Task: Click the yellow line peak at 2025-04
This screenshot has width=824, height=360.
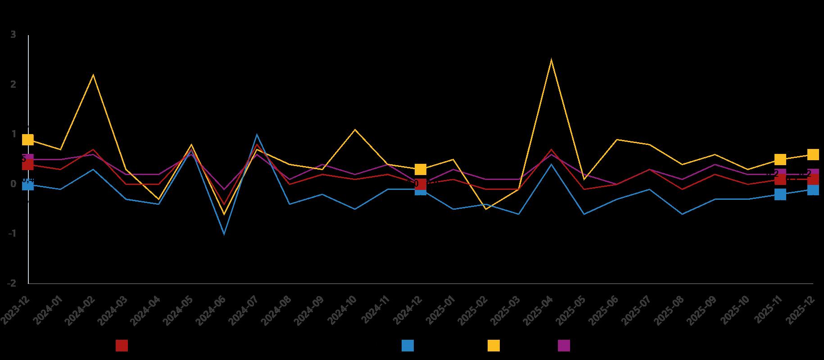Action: point(552,60)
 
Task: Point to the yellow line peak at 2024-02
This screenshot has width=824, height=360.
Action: point(93,75)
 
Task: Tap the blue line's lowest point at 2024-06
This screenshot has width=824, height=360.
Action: point(224,234)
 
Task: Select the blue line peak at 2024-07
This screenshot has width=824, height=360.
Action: point(257,135)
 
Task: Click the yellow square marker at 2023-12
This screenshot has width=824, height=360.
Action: point(28,139)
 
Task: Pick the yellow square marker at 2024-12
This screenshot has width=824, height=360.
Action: point(421,169)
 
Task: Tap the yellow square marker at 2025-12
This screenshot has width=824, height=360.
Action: point(813,154)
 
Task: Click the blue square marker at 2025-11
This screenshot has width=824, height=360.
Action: point(780,194)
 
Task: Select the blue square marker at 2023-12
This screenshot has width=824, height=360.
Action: point(28,185)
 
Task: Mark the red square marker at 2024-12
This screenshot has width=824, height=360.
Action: point(421,184)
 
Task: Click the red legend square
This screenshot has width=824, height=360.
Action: point(122,346)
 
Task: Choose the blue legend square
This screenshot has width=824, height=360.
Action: point(407,346)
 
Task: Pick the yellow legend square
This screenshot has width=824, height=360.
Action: point(493,346)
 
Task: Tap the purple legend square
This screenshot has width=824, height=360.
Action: point(564,346)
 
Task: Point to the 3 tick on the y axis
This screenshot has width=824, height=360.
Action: point(13,35)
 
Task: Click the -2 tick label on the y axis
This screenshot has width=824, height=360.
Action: point(12,283)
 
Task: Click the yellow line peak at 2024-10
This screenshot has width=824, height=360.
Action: point(355,130)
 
